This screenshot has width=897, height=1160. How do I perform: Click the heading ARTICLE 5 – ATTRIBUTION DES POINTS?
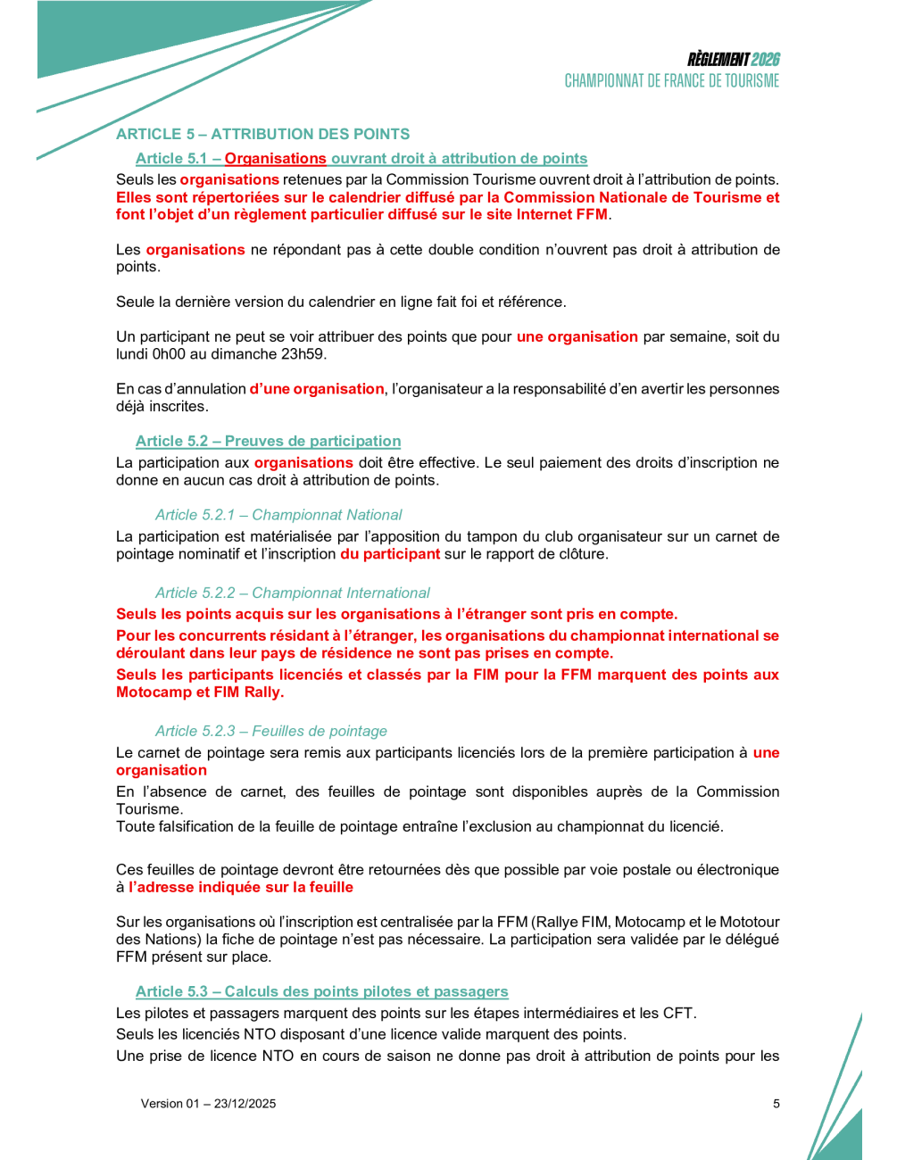point(262,134)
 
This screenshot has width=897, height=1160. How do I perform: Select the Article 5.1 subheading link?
point(361,158)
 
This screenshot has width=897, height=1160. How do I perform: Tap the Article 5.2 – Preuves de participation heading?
point(268,441)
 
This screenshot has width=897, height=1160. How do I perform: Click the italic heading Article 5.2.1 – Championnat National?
point(278,515)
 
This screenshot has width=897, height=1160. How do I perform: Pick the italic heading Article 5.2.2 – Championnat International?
point(292,592)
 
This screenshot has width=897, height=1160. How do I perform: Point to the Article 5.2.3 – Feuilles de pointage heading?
point(270,731)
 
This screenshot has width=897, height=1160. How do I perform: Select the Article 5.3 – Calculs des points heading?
point(321,991)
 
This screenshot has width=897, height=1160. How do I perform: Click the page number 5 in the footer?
point(776,1104)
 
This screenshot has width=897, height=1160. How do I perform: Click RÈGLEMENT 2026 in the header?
point(733,60)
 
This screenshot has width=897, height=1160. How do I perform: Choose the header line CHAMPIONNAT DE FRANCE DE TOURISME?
point(671,81)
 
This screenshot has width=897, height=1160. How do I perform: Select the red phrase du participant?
point(390,554)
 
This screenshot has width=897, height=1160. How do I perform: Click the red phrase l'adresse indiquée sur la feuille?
point(241,887)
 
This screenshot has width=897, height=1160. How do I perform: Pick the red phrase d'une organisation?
point(317,389)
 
